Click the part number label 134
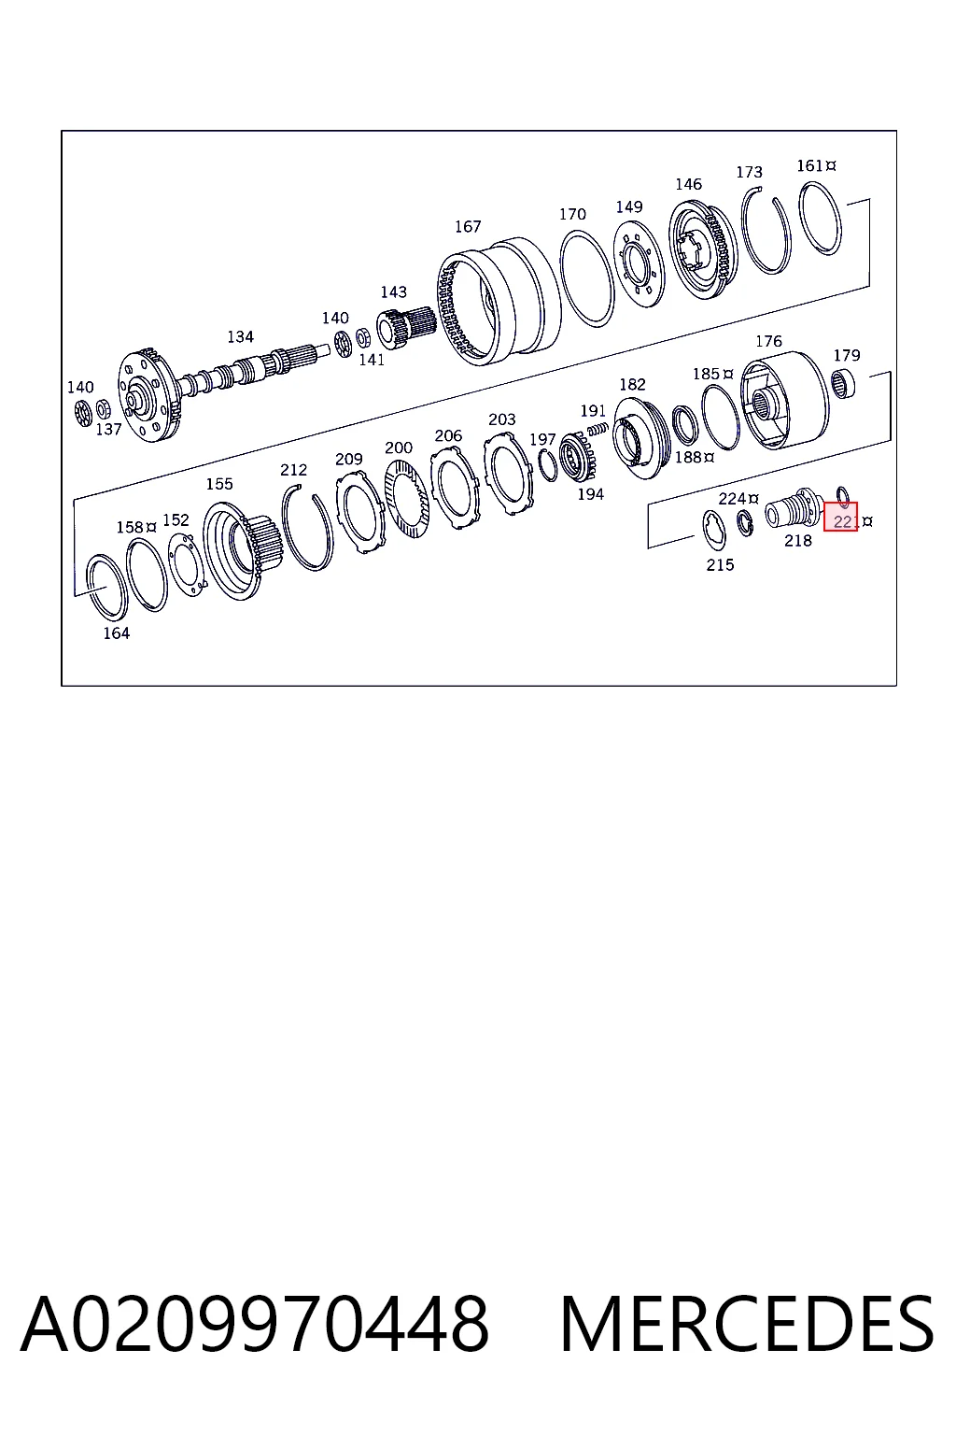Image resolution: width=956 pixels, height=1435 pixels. click(x=240, y=337)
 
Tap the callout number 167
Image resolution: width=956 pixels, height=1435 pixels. click(x=468, y=227)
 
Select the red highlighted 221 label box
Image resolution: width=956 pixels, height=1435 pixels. click(x=840, y=517)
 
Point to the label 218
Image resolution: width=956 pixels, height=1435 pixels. click(x=798, y=541)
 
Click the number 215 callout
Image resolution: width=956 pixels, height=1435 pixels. click(x=720, y=565)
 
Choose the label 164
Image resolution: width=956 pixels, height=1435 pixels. click(x=117, y=633)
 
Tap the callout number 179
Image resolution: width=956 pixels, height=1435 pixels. click(x=847, y=356)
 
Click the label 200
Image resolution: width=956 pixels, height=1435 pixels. click(x=399, y=448)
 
